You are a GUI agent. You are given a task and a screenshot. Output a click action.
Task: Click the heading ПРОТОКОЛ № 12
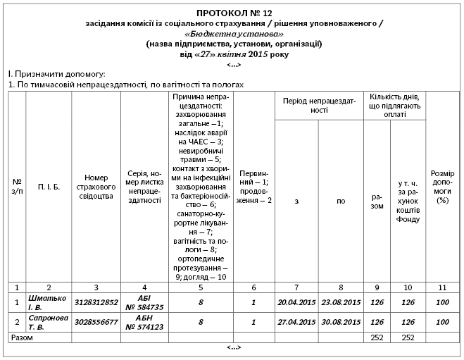point(233,13)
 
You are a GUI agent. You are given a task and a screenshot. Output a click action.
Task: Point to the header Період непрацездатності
point(320,106)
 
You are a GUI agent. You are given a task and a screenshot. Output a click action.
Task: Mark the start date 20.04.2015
point(296,302)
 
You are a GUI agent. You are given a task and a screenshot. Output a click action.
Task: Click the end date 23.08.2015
point(341,302)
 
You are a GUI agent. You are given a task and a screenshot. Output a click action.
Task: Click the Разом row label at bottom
point(20,338)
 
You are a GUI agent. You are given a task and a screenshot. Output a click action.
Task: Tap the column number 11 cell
point(442,287)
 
